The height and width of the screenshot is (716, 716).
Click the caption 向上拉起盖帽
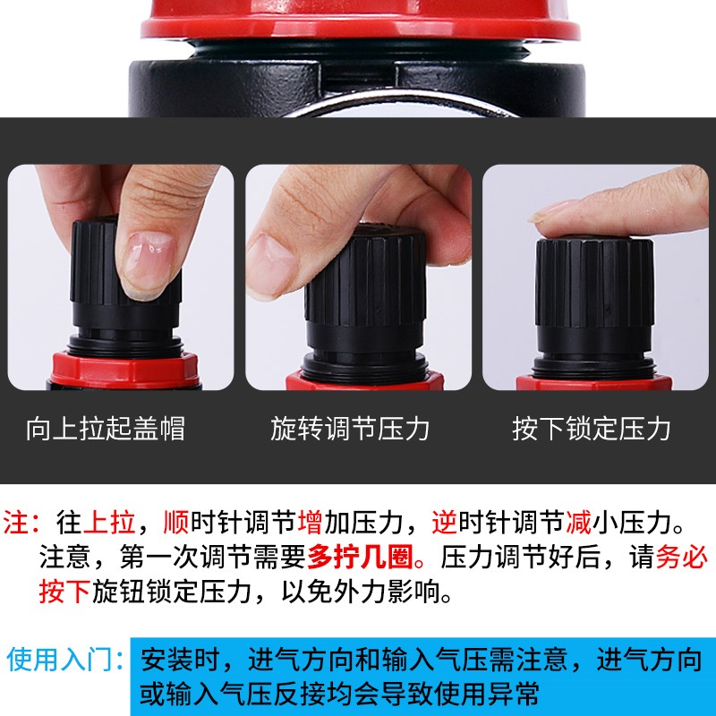106,429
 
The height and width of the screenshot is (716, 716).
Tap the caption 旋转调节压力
351,429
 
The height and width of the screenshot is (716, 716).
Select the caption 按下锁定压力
592,429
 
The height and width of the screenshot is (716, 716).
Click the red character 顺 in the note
178,521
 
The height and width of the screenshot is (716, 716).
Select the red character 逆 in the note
445,521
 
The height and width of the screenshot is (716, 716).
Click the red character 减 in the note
578,521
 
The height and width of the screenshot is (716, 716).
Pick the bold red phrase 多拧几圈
360,558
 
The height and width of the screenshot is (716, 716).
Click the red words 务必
682,558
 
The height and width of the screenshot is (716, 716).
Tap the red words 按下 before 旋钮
64,592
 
